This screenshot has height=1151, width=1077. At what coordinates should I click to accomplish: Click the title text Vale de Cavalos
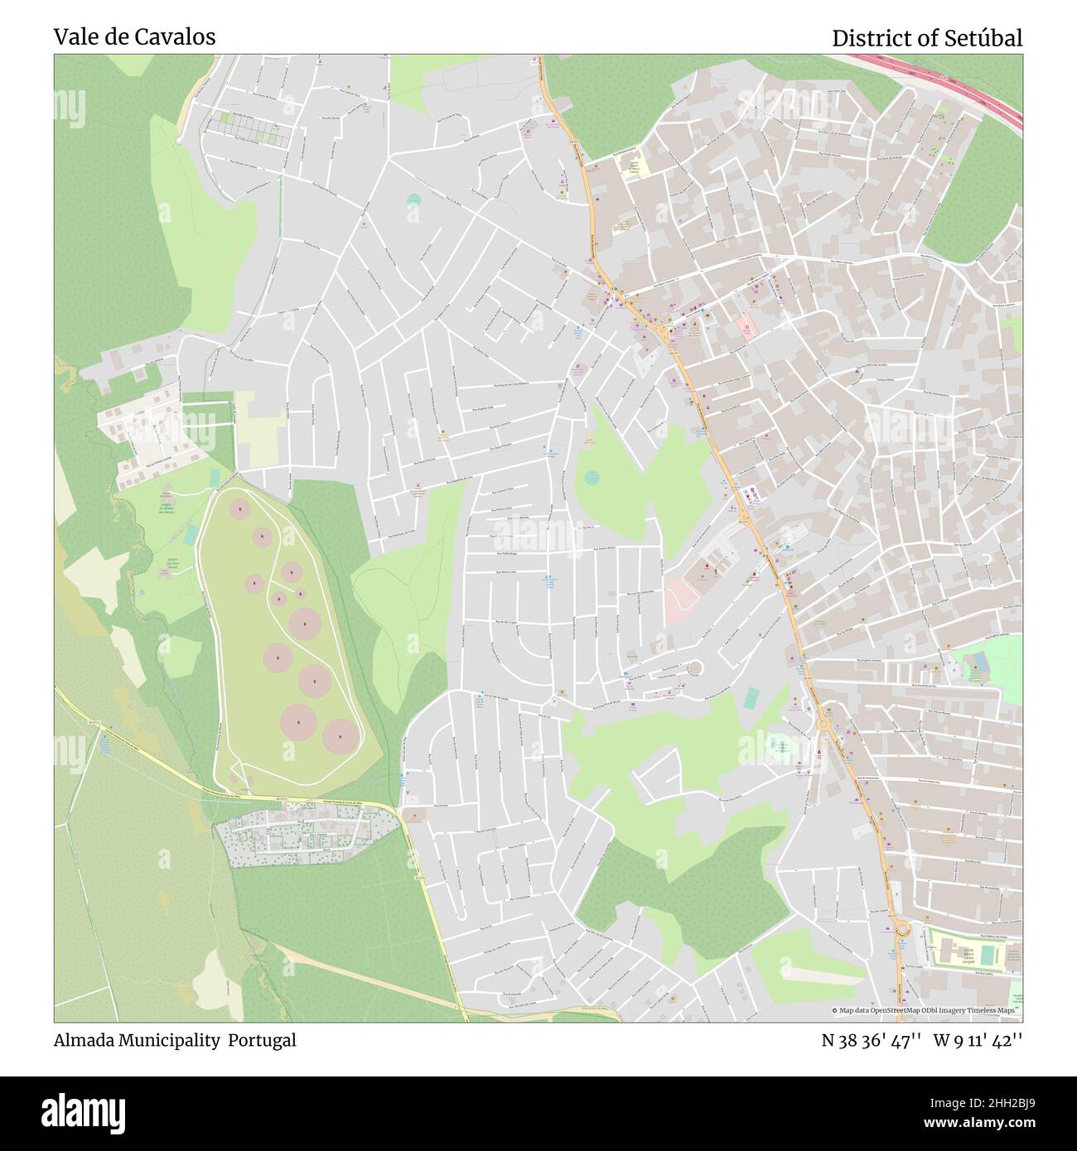click(134, 37)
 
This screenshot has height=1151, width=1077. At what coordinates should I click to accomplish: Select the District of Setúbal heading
click(926, 38)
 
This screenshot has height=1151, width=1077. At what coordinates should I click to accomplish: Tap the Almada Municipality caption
click(138, 1040)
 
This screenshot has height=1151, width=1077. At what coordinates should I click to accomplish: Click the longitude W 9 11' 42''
click(978, 1040)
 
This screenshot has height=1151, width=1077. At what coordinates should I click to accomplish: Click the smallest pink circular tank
click(300, 593)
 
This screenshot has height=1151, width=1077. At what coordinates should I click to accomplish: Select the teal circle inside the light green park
click(592, 477)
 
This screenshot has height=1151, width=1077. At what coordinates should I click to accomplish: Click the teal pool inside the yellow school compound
click(986, 955)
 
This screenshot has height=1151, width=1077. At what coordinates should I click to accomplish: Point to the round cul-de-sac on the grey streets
click(694, 667)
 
